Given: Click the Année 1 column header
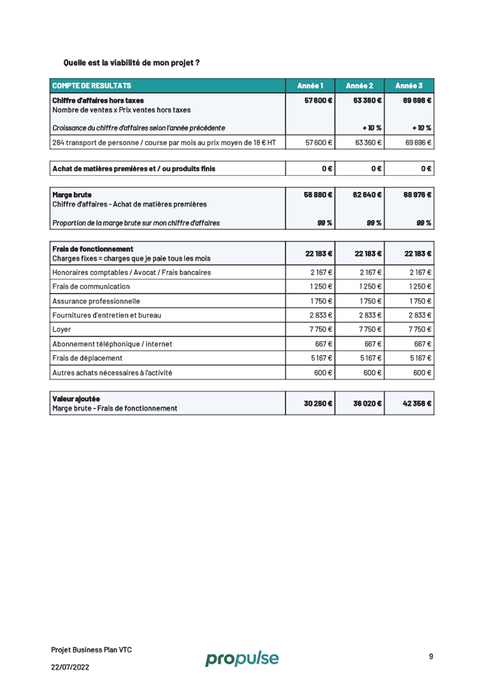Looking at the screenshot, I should [310, 86].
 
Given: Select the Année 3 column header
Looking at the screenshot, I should [409, 86].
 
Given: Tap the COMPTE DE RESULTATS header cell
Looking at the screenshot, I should [92, 86].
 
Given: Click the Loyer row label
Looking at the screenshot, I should [62, 329].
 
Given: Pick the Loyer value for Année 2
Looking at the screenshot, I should [370, 329].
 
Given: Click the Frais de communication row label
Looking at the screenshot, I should [91, 287].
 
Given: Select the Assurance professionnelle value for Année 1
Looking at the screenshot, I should [321, 301].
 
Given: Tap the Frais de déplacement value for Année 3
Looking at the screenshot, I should [420, 358].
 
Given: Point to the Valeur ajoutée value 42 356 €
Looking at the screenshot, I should [417, 404].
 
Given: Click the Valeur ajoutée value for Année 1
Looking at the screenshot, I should [318, 404].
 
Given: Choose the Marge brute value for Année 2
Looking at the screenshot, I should [367, 195].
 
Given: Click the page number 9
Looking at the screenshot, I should [431, 656].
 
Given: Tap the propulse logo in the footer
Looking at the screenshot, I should [242, 658].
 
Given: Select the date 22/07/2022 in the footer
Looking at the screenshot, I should [70, 667].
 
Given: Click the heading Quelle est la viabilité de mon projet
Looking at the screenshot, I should [131, 63].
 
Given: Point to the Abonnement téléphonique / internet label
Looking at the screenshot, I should [112, 344].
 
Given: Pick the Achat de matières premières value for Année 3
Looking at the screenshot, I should [426, 169].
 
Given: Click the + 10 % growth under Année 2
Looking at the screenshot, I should [372, 128].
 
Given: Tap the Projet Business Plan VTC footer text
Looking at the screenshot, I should [91, 650].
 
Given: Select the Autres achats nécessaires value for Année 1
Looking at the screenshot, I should [323, 373].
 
